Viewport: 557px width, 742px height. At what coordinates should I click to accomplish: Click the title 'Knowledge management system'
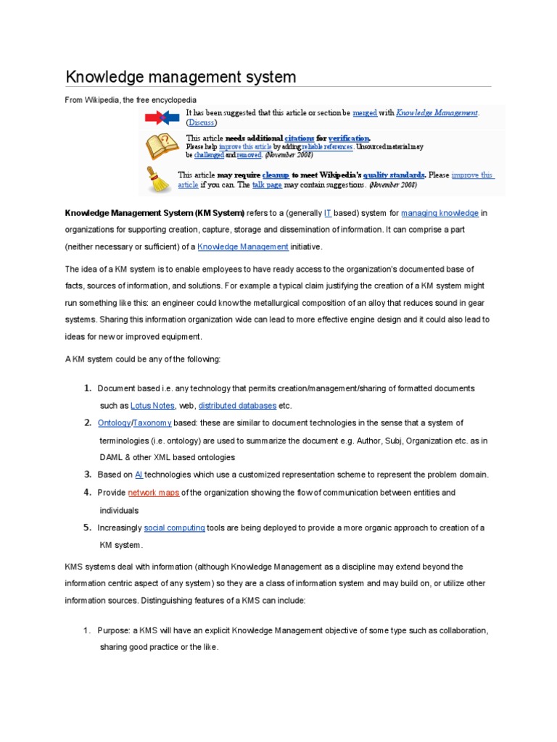[x=181, y=76]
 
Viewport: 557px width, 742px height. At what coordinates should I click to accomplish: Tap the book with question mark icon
[x=160, y=146]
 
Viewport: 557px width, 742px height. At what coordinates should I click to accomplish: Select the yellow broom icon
[x=158, y=179]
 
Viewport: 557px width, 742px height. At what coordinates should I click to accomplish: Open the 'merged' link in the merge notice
[x=365, y=113]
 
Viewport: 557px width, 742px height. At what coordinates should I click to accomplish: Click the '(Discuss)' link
[x=202, y=123]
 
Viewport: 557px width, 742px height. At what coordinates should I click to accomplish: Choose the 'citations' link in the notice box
[x=300, y=138]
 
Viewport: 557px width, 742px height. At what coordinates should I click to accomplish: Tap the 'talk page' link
[x=267, y=185]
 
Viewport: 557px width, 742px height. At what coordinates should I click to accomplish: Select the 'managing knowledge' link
[x=440, y=213]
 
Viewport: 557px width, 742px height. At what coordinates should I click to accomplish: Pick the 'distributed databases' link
[x=237, y=406]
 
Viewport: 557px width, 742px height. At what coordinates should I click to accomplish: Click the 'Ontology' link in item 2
[x=114, y=423]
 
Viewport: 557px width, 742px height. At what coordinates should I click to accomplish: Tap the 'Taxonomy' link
[x=152, y=423]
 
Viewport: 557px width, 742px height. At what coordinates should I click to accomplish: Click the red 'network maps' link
[x=153, y=493]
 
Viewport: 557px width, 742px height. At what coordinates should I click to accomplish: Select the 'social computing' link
[x=174, y=528]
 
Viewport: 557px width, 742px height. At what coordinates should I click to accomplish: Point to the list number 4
[x=87, y=493]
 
